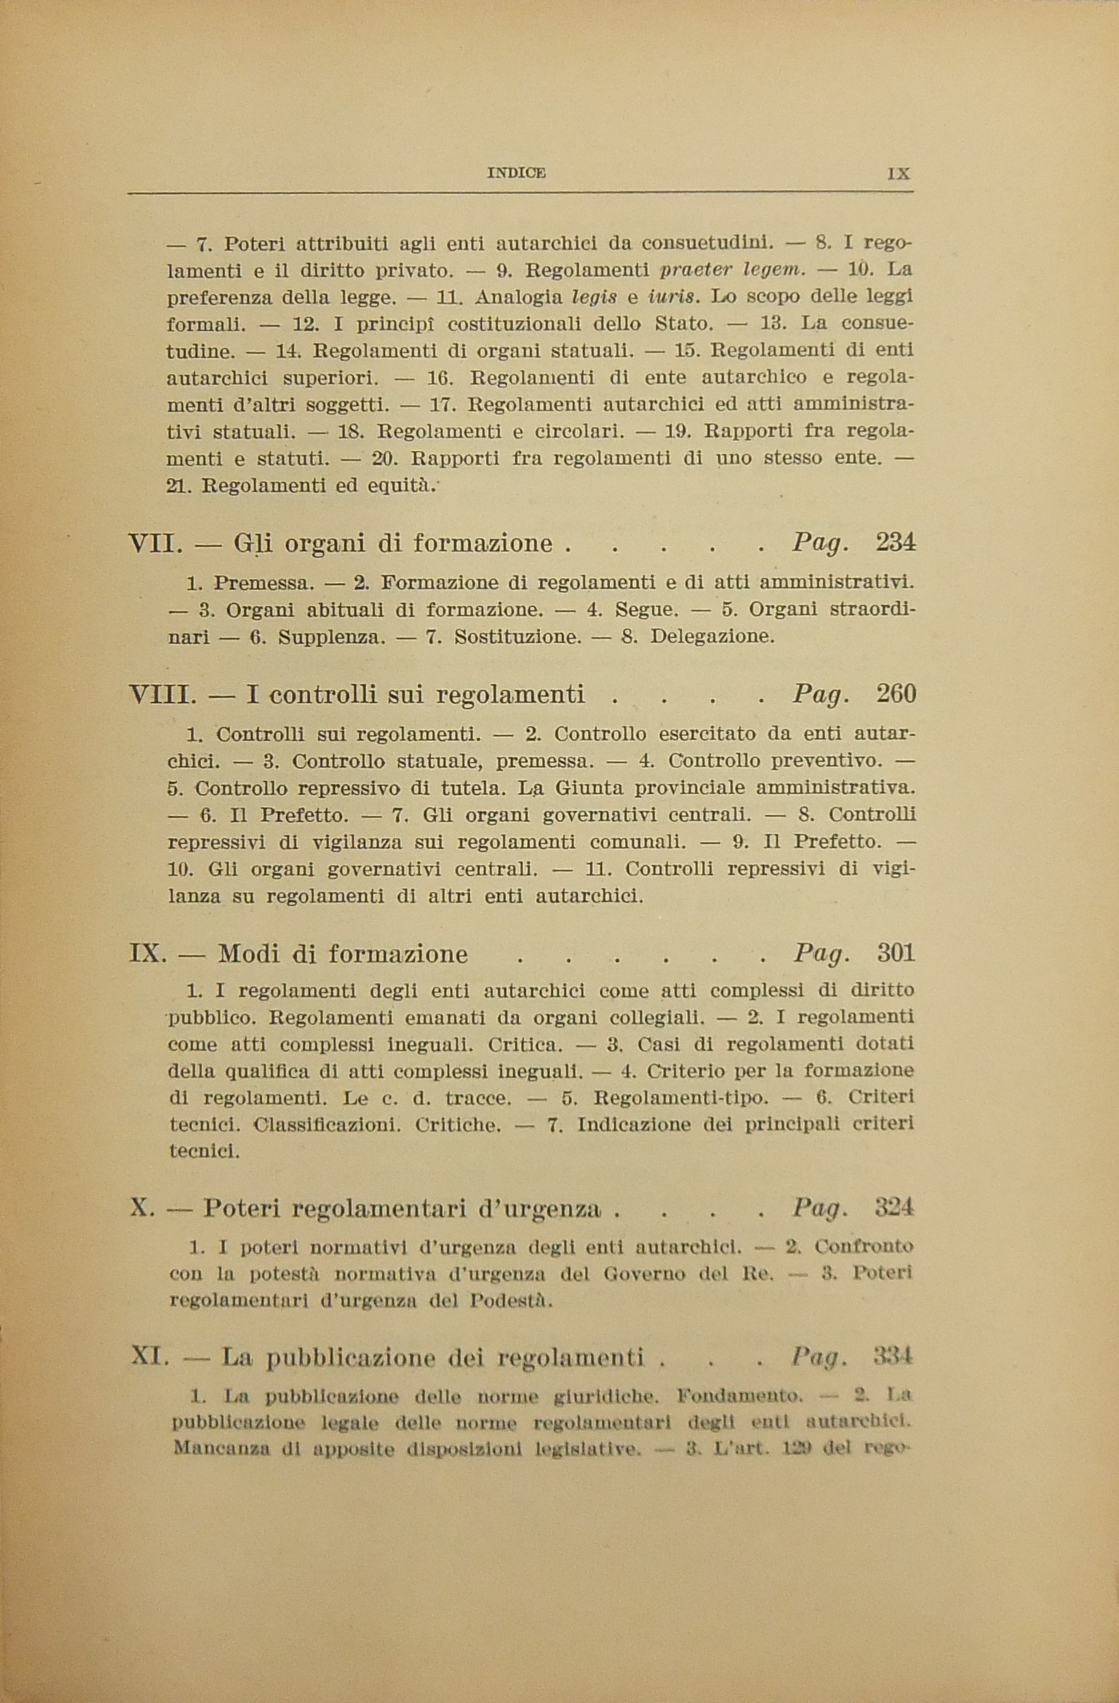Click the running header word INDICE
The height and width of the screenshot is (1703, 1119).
[x=516, y=172]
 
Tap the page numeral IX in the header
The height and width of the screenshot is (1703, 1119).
[x=898, y=173]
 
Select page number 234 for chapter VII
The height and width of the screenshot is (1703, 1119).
[x=895, y=543]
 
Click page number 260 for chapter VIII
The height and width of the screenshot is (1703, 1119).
[x=895, y=694]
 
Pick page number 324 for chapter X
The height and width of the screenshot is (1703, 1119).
[x=894, y=1208]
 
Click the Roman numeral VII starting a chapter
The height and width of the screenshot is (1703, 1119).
[x=152, y=544]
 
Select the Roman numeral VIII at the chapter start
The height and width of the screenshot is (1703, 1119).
[x=162, y=695]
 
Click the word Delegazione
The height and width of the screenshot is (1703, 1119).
[x=712, y=636]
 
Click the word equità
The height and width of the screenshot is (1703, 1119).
[x=399, y=486]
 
